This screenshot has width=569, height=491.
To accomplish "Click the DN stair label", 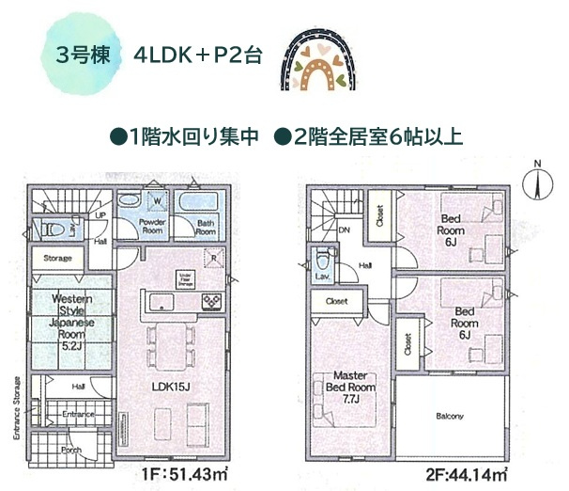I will click(344, 229).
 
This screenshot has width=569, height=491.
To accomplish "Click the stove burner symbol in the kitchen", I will click(211, 300).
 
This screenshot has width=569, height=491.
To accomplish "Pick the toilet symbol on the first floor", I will click(55, 228).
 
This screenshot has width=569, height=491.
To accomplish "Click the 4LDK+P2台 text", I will click(196, 53).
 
